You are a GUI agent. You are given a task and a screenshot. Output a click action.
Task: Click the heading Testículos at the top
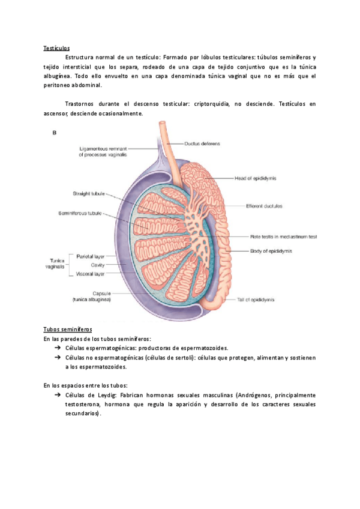coord(56,48)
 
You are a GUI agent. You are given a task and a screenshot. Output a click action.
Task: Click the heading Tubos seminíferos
coord(67,330)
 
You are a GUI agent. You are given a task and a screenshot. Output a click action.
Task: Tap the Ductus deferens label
coord(202,144)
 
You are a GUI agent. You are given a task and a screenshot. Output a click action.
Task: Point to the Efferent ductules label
coord(264,205)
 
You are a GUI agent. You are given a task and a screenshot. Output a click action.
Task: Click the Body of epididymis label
coord(271,251)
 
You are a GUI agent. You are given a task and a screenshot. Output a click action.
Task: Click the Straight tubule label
coord(88,194)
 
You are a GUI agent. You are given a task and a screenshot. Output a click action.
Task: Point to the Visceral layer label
coord(91,274)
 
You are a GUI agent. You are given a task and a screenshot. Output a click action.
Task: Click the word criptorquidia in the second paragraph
coord(214,104)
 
